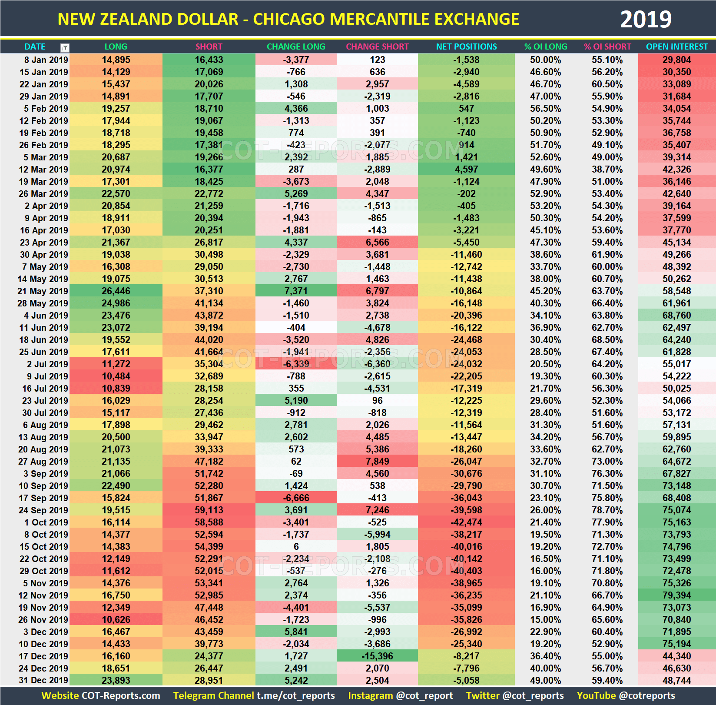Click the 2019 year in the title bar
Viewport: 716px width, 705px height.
point(646,20)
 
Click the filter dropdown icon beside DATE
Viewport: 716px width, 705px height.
point(65,47)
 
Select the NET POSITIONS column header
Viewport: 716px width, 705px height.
point(466,47)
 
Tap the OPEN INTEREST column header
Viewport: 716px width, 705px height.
point(676,47)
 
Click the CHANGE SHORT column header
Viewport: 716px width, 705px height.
point(377,47)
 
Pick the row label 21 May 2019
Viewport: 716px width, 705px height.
point(43,291)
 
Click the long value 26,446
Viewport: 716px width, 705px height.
point(116,291)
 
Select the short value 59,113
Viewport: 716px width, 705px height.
point(209,510)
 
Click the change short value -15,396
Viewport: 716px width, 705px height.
point(377,656)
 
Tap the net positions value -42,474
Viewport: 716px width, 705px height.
point(466,522)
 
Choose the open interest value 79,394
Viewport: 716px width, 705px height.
point(676,595)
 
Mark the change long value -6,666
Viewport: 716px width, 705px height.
point(296,498)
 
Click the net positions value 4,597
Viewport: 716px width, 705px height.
point(466,169)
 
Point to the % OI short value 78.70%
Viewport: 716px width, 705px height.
point(607,510)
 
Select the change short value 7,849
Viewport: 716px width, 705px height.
point(377,461)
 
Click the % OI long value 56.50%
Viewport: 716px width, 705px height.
point(545,108)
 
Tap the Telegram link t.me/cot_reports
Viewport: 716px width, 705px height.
point(295,695)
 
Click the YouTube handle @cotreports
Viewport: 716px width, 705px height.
point(647,695)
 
